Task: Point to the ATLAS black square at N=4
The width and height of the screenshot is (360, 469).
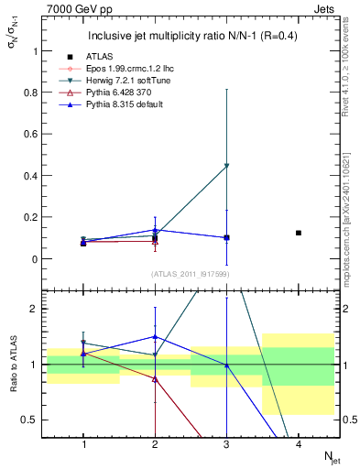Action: coord(299,233)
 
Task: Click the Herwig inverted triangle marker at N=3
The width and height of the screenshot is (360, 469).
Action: coord(226,166)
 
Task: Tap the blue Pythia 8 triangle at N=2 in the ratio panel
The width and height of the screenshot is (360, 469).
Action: coord(155,337)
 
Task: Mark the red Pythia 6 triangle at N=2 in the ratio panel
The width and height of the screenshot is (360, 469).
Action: coord(155,378)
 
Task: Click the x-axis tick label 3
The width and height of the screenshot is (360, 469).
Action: coord(226,444)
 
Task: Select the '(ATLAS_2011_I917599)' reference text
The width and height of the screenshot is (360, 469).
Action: coord(191,274)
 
